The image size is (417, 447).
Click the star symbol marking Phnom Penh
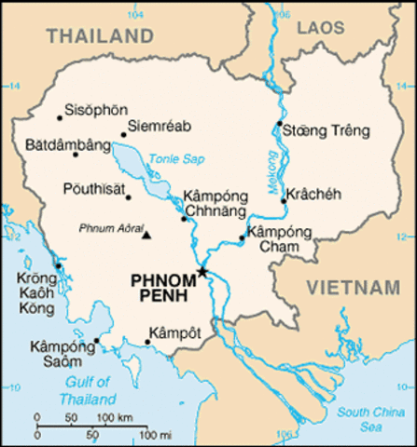[202, 271]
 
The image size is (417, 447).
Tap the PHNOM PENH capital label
[160, 287]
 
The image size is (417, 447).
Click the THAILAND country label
[100, 36]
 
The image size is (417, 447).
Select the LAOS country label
[321, 29]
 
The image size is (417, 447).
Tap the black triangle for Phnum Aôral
[146, 234]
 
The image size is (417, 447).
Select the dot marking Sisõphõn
[60, 117]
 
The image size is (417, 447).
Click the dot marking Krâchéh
[283, 199]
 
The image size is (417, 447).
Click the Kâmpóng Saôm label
[56, 353]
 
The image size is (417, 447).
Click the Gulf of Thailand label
[88, 389]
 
